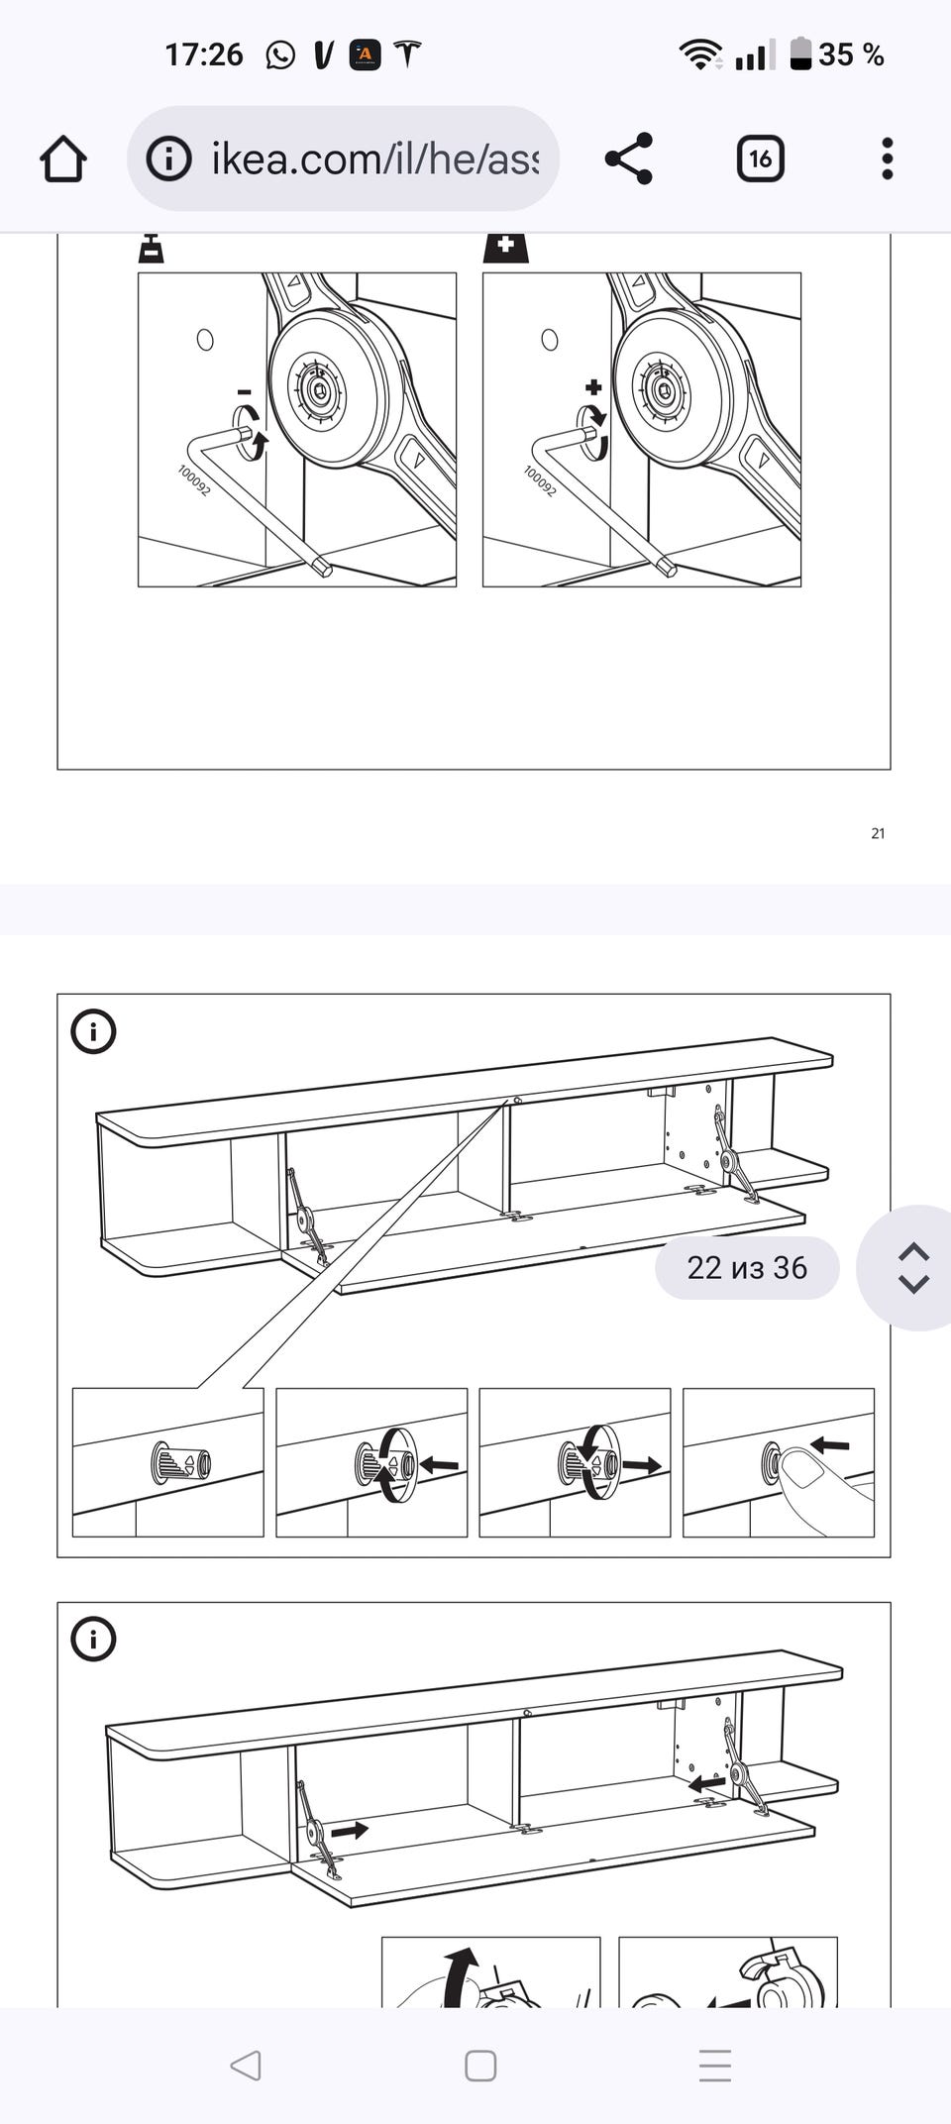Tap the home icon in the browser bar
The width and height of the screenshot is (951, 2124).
[63, 159]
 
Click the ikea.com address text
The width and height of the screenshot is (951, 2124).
[374, 159]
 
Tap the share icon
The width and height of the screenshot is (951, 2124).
[629, 159]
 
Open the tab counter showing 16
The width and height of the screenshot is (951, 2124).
[761, 159]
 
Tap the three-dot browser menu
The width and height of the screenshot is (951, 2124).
[887, 159]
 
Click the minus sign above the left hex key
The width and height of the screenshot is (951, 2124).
[245, 392]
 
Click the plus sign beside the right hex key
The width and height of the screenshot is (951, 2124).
[593, 387]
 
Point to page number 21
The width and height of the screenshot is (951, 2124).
[878, 833]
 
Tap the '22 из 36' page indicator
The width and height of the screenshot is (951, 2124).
[747, 1268]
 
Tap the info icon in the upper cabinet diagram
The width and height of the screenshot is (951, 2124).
[94, 1031]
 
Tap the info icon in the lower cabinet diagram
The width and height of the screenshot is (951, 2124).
[94, 1640]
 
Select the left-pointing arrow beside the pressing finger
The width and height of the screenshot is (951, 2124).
[830, 1446]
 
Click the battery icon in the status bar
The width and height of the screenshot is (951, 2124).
[800, 53]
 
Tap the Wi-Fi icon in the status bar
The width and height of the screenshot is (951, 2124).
[700, 54]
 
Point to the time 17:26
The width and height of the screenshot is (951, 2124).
[204, 54]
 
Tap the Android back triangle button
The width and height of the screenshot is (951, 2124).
[245, 2066]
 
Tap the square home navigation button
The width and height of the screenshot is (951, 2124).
[480, 2066]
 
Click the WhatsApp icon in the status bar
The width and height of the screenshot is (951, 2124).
[280, 54]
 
